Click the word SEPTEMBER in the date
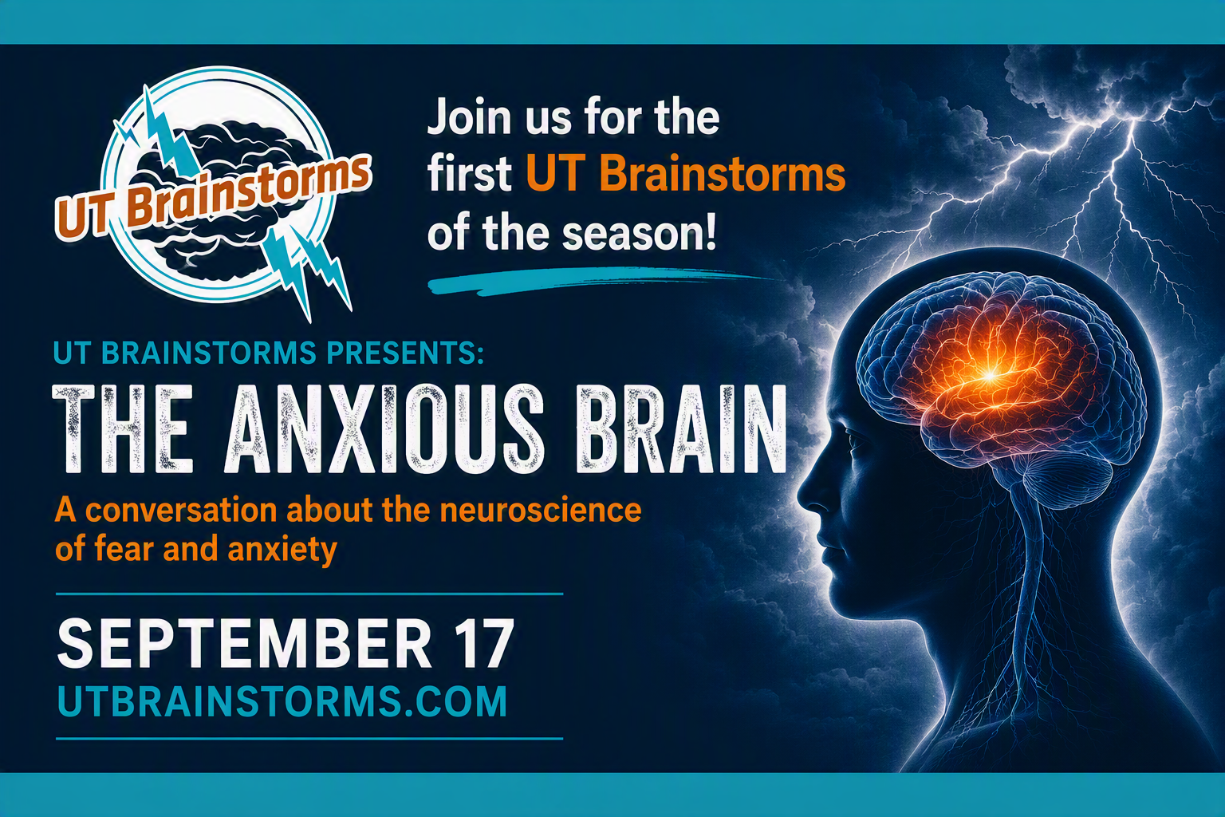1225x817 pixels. click(x=244, y=643)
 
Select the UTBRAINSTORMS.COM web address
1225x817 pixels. click(x=282, y=701)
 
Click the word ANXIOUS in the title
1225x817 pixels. click(x=384, y=428)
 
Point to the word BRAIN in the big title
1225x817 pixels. click(x=682, y=428)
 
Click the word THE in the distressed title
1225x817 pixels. click(x=123, y=428)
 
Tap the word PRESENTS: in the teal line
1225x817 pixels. click(x=405, y=353)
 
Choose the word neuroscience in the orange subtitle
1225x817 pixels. click(x=541, y=510)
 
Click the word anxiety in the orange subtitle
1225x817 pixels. click(x=282, y=550)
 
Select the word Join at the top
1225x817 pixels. click(x=469, y=117)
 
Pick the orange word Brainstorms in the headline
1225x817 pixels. click(x=723, y=175)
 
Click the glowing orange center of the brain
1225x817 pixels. click(x=990, y=376)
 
